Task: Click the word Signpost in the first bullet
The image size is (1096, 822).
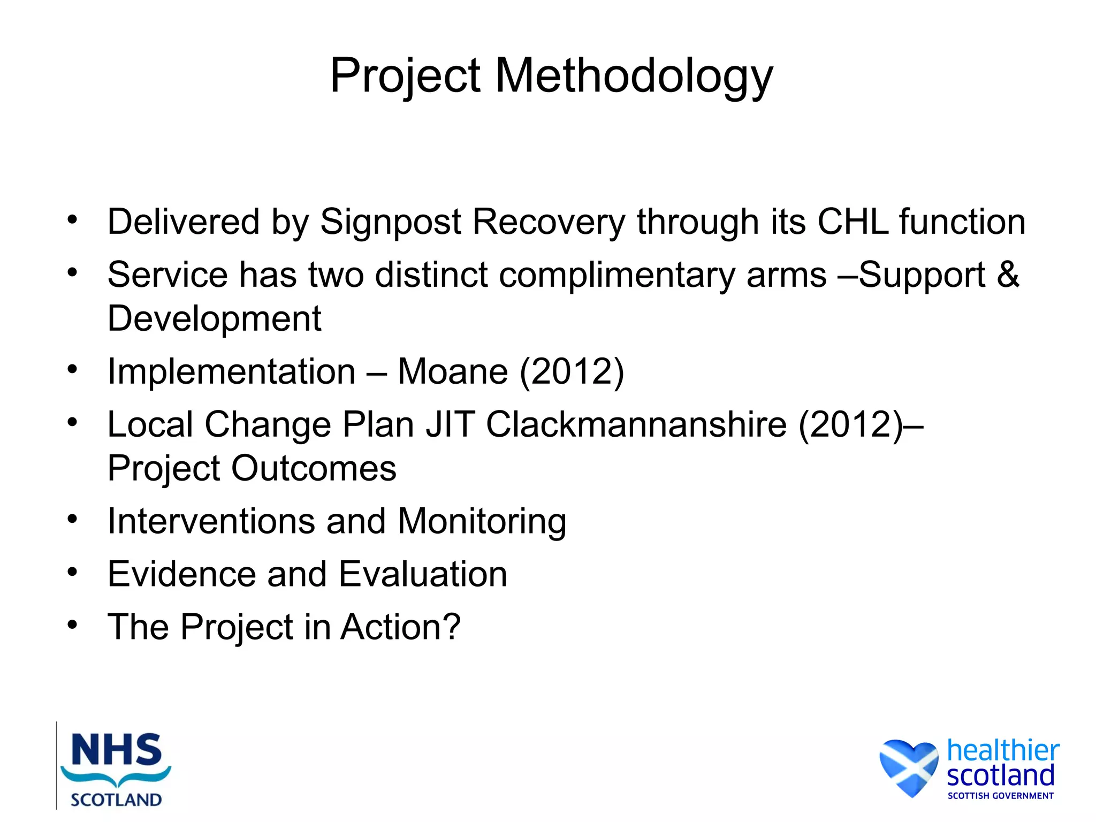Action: (x=391, y=222)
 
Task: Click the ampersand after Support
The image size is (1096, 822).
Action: (x=1008, y=275)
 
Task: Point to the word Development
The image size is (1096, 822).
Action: (x=214, y=318)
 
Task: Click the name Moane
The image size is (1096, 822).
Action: (x=453, y=371)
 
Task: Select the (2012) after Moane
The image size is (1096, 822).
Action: (x=572, y=371)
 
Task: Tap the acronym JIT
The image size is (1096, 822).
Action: (x=450, y=424)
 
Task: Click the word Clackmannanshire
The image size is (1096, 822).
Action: (x=636, y=424)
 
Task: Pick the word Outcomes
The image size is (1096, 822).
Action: (x=314, y=468)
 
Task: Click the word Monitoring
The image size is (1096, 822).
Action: (x=482, y=521)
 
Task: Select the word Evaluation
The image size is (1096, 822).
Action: (x=423, y=574)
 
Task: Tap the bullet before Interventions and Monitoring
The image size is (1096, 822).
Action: (x=73, y=519)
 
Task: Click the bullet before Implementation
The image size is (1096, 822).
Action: (x=73, y=369)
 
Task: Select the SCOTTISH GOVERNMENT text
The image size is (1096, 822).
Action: (x=1000, y=796)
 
